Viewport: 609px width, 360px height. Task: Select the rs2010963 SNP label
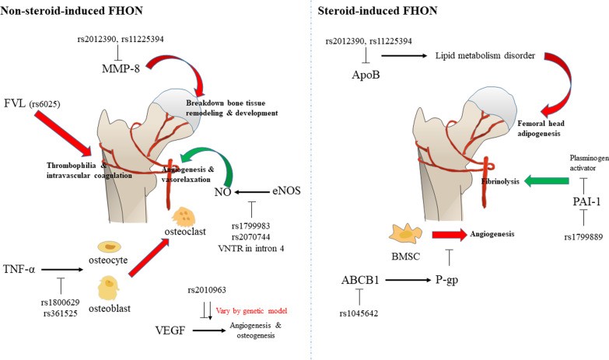click(208, 290)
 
